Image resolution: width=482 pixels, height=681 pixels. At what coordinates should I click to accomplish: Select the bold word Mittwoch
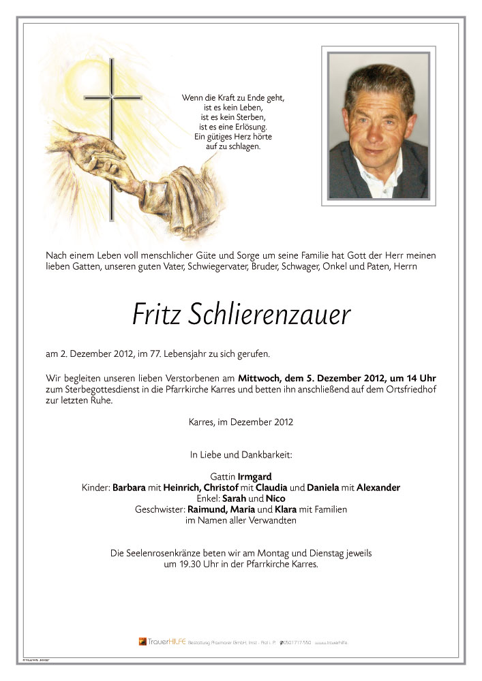point(258,378)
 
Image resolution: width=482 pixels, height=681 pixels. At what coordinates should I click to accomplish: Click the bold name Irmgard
point(256,476)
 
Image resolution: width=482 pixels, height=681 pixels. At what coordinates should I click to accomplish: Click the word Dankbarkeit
point(271,454)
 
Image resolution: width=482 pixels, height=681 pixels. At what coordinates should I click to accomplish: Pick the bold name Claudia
point(271,488)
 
